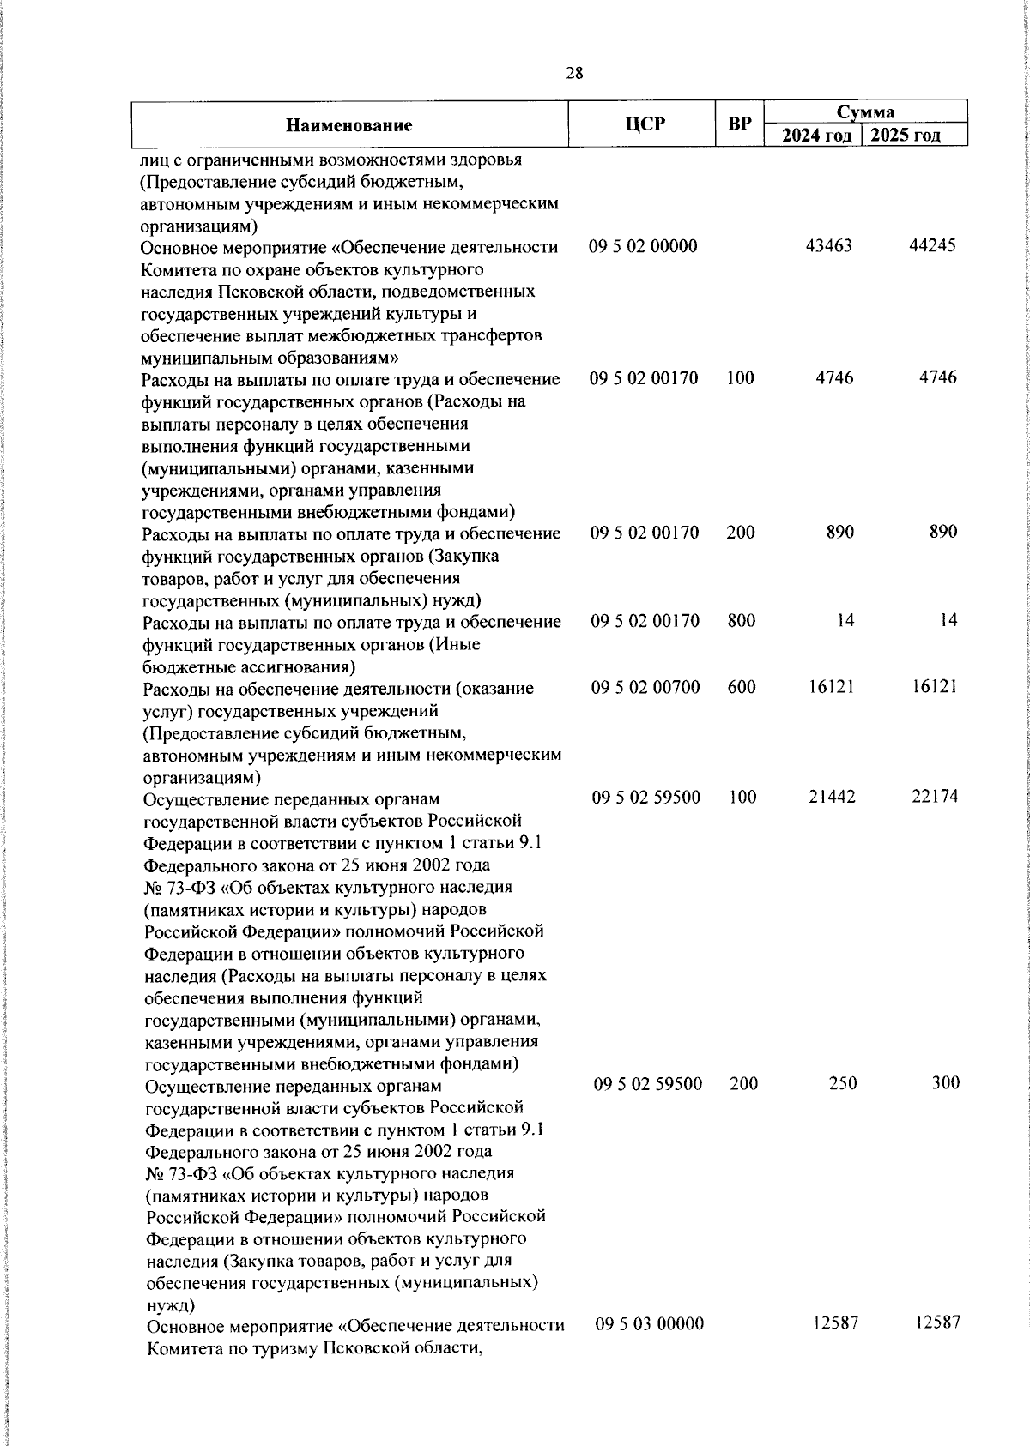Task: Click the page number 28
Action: point(574,74)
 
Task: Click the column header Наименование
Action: point(348,125)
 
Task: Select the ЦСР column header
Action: point(645,124)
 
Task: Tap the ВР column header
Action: point(739,124)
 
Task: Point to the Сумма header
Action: point(866,111)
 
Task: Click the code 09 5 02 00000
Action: point(644,247)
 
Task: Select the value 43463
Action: point(829,247)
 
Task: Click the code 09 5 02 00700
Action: point(645,687)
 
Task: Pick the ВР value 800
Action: point(742,620)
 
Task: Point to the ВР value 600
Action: point(742,687)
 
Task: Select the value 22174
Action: point(935,797)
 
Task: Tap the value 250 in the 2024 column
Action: point(843,1083)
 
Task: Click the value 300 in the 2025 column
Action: point(945,1083)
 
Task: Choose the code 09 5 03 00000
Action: point(650,1324)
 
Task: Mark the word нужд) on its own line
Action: point(171,1305)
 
